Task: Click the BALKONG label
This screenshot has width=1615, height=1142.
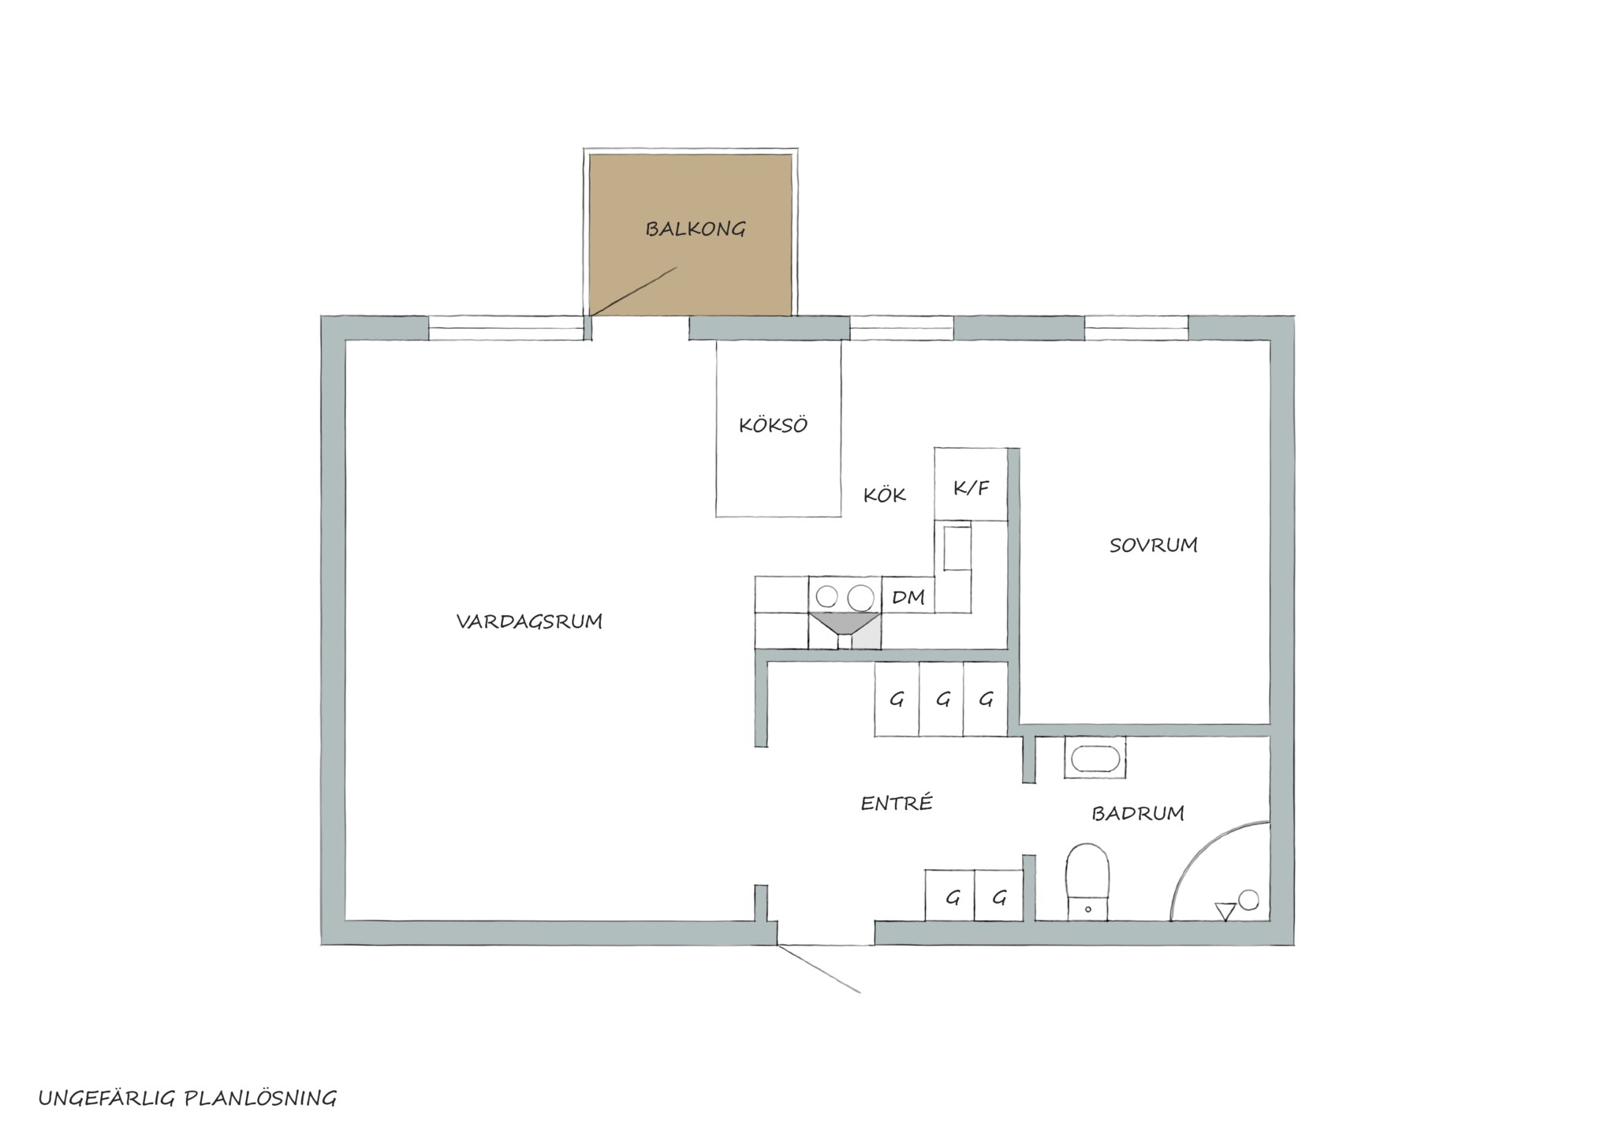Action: [695, 230]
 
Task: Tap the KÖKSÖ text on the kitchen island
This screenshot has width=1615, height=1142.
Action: [773, 425]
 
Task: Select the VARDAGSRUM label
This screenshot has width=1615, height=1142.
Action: [529, 621]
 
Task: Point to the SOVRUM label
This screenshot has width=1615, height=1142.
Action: [1153, 545]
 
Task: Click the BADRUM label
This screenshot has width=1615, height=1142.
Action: [1137, 813]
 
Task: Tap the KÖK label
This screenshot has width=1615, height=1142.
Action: [884, 494]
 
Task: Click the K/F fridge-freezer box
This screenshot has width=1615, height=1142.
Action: [971, 484]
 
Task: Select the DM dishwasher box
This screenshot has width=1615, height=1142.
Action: [908, 595]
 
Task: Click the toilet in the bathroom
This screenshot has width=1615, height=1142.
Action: [1087, 882]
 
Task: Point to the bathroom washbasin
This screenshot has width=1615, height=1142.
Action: [1095, 758]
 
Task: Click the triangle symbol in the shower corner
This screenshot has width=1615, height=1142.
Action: [1225, 911]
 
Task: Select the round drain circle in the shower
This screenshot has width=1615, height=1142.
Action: [1248, 899]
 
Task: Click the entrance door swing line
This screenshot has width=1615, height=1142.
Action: [819, 968]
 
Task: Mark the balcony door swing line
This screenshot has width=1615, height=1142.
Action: [633, 292]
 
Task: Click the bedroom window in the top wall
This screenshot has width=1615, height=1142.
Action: [1136, 328]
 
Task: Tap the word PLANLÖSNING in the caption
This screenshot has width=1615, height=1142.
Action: [260, 1099]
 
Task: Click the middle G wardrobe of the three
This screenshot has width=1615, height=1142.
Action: [942, 699]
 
